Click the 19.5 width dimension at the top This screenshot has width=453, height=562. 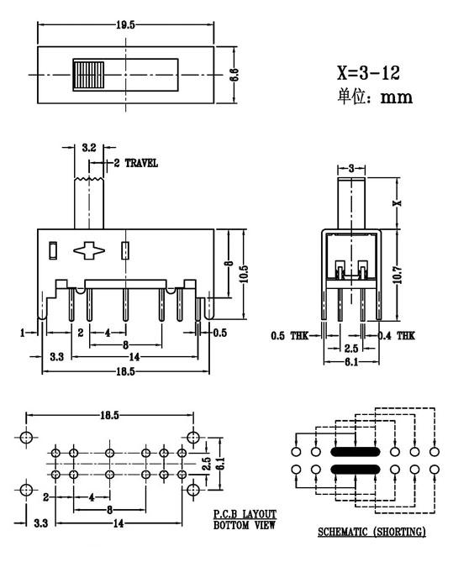[125, 24]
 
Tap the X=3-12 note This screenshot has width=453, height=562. [368, 73]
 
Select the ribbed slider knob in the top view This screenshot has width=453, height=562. [88, 76]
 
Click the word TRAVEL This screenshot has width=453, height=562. [141, 164]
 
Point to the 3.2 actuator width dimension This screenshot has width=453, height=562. [88, 147]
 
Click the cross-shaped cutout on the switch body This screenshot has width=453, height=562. [89, 250]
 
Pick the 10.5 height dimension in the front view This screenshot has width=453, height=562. [245, 274]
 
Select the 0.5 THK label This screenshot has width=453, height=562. [289, 336]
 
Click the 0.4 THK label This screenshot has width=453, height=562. [396, 335]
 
